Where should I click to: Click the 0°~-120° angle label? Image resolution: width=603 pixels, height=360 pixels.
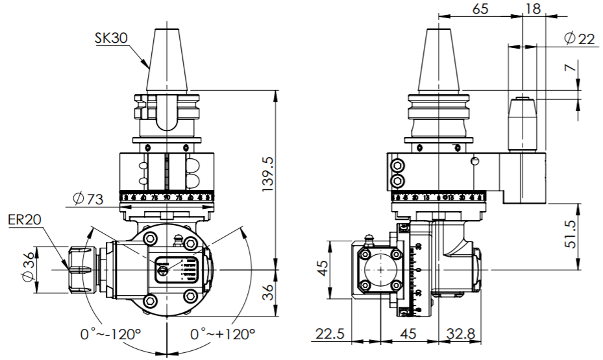click(x=110, y=335)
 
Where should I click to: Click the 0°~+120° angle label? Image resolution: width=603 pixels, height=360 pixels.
click(x=223, y=335)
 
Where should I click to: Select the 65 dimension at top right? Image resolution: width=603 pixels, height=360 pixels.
click(x=481, y=8)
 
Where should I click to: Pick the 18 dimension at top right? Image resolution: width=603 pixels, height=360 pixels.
click(x=533, y=8)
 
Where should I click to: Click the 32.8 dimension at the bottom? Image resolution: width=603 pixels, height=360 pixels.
click(x=461, y=335)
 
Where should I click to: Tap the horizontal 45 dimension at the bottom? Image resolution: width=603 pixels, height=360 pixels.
click(x=408, y=335)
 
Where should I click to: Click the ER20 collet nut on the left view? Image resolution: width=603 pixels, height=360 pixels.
click(x=80, y=269)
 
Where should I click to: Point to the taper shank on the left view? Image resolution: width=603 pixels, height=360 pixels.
click(x=167, y=62)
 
